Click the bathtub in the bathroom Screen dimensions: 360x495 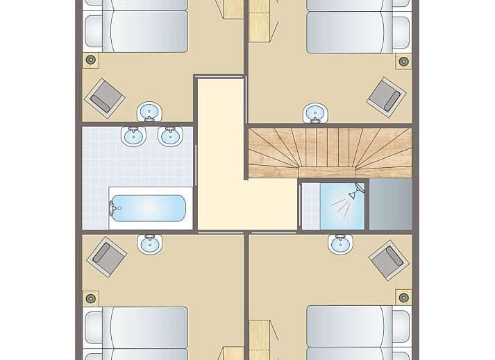(x=148, y=207)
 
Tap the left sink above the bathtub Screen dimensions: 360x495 (x=133, y=136)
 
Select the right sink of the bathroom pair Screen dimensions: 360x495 (x=169, y=136)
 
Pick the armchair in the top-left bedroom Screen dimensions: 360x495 (x=104, y=96)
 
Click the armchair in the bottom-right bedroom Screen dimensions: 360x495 (x=387, y=259)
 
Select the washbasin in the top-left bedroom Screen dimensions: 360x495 (x=149, y=111)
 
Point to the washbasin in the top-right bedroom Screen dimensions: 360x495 (x=316, y=112)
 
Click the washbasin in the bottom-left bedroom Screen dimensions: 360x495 (x=149, y=243)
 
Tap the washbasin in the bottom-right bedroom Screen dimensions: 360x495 (x=339, y=244)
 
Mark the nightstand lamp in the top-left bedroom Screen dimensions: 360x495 (x=90, y=60)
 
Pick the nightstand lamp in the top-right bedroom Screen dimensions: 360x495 (x=403, y=61)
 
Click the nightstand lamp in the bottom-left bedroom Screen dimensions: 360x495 (x=90, y=298)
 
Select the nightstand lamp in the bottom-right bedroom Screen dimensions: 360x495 (x=403, y=298)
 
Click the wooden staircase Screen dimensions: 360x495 (x=330, y=151)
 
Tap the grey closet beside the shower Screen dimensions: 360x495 (x=390, y=205)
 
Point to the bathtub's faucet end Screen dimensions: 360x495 (x=115, y=207)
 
